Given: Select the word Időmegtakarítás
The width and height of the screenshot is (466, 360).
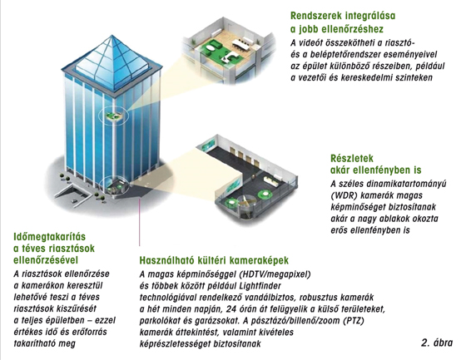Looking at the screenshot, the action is (50, 237).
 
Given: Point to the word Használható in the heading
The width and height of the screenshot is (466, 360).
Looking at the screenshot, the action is (166, 260).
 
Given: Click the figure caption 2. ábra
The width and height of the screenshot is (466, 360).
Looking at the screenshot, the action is (437, 343).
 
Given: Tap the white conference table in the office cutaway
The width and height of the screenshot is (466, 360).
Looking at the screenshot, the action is (241, 43).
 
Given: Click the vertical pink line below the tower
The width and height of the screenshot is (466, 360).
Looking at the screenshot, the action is (140, 223).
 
